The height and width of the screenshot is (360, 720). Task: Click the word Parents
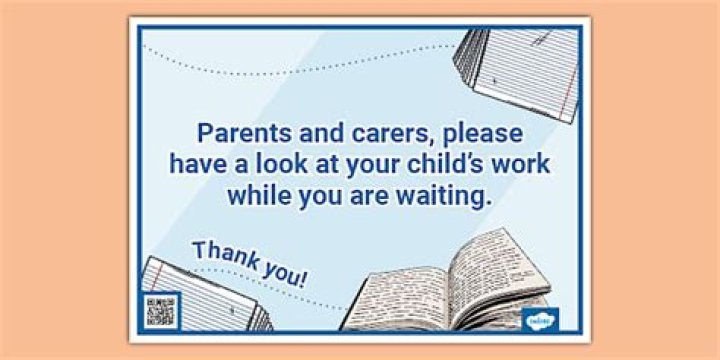coord(242,133)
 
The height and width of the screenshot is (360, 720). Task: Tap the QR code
coord(161,310)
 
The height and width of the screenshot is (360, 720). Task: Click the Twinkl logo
coord(541,319)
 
